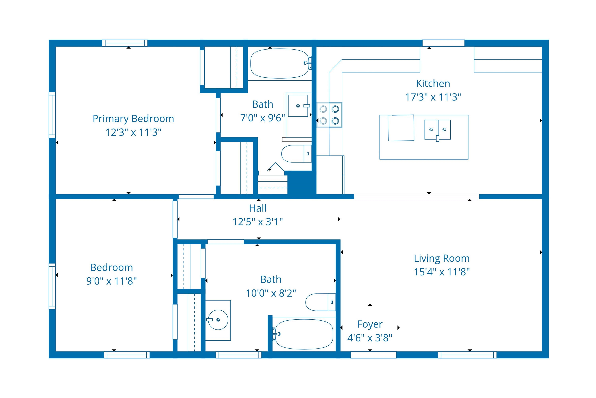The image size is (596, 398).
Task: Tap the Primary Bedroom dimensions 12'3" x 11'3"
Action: click(133, 132)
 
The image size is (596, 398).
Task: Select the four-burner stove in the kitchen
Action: click(329, 115)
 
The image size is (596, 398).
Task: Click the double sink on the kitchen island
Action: click(437, 130)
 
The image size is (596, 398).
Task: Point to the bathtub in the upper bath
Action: click(280, 63)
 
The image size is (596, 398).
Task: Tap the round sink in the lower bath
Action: click(218, 320)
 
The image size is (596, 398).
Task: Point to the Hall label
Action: click(257, 208)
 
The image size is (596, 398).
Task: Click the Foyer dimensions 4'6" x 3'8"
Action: click(370, 338)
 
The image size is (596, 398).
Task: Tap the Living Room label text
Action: click(442, 258)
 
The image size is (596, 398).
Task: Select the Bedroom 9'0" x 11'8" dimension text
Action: click(111, 281)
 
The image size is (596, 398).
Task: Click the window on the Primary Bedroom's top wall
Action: click(125, 43)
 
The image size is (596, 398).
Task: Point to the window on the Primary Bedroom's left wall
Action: click(52, 115)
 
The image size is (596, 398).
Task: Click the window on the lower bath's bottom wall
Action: click(238, 355)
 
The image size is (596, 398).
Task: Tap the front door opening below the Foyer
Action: click(373, 355)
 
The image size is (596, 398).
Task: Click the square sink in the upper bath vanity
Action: click(298, 106)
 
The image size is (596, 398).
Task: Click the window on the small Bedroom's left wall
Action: click(52, 286)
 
